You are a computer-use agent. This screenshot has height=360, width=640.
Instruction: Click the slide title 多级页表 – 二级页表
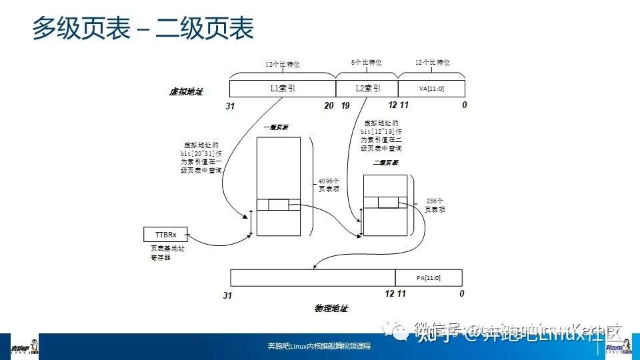click(143, 30)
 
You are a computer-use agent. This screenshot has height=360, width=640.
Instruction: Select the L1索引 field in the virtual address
click(282, 88)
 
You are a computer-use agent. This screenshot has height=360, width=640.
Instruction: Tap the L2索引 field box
click(366, 88)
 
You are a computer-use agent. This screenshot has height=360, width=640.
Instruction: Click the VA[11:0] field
click(431, 88)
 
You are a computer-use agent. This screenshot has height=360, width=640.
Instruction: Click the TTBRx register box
click(165, 235)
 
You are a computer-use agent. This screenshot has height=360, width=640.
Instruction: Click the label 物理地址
click(331, 309)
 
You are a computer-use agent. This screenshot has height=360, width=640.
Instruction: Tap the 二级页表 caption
click(385, 162)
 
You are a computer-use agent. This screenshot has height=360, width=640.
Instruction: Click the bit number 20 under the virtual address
click(329, 105)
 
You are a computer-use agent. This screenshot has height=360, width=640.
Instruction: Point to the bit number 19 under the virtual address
click(345, 105)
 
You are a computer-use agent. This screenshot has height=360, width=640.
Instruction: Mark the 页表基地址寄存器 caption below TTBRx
click(165, 253)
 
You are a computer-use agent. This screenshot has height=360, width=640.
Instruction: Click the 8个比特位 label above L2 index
click(367, 63)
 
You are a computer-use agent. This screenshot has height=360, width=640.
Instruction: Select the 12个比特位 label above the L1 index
click(282, 65)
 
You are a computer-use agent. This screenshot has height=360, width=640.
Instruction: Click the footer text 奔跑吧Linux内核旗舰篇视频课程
click(319, 347)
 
